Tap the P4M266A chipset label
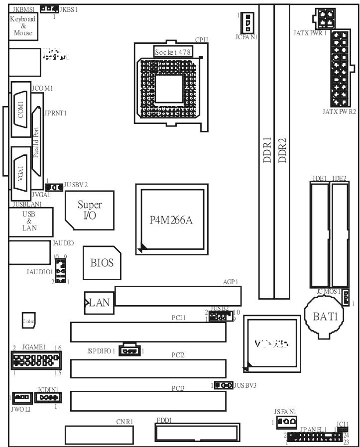171,220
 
